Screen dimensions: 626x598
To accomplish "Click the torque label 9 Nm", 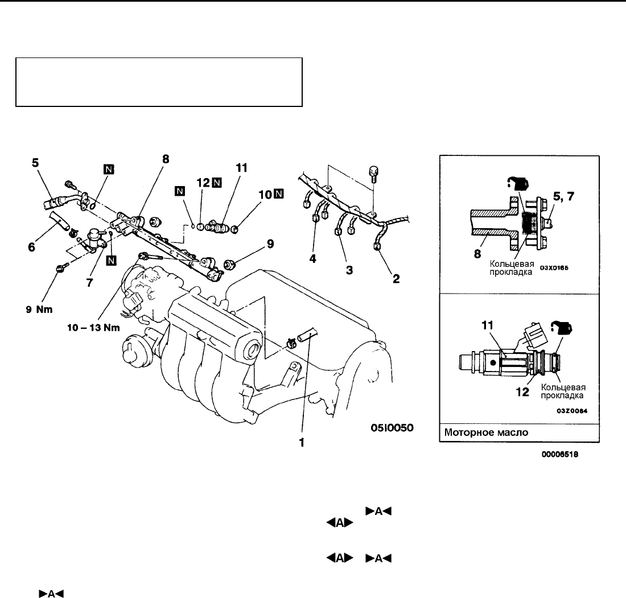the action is coord(39,310).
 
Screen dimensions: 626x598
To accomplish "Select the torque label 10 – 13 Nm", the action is coord(93,328).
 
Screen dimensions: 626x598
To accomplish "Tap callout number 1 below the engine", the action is coord(302,443).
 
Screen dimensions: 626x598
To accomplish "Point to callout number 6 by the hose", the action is coord(31,247).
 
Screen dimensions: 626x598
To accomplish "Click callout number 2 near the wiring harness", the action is coord(396,279).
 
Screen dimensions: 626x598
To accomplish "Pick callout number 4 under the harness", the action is coord(312,259).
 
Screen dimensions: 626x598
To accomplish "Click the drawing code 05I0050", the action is coord(392,428).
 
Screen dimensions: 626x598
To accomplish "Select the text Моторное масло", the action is coord(486,432).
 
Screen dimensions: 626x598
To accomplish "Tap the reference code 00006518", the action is coord(560,454).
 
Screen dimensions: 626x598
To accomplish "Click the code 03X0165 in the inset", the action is coord(554,268).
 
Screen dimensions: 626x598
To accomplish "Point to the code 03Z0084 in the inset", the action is coord(572,411).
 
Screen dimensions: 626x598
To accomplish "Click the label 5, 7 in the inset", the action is coord(563,196).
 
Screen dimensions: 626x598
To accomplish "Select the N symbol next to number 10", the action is coord(279,194).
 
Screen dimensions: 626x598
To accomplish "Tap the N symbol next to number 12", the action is coord(217,183).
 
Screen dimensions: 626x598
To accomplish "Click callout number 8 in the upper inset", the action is coord(477,254).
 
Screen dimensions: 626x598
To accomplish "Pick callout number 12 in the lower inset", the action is coord(522,392).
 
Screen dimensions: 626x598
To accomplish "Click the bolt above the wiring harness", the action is coord(374,174).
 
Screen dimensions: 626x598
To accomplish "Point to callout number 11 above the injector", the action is coord(241,168).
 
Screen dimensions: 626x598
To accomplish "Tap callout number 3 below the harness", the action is coord(349,270).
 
